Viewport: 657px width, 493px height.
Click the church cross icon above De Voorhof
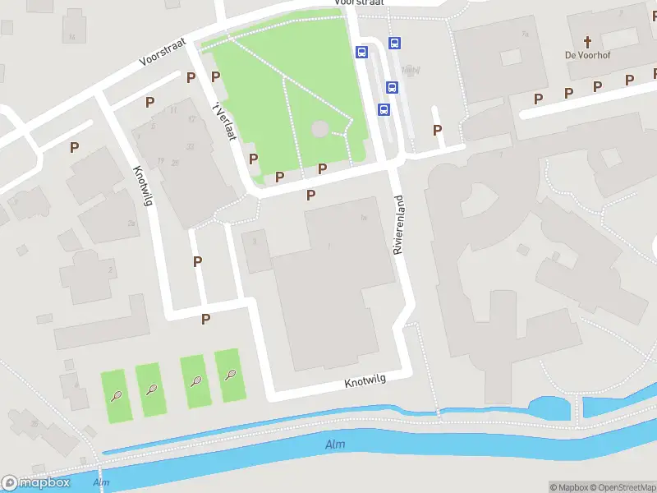(588, 40)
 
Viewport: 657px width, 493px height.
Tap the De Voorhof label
(588, 55)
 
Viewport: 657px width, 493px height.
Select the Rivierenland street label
(399, 224)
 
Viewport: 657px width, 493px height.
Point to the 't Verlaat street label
(224, 121)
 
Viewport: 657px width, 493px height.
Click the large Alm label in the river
(335, 445)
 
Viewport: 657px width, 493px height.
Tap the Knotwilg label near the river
(365, 381)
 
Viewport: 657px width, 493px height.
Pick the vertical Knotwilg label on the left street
(144, 187)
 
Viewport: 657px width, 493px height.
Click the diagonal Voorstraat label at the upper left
(163, 51)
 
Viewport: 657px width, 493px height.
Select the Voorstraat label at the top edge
(360, 3)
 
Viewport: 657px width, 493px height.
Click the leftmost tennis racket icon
(117, 394)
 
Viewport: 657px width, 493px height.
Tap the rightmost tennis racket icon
(230, 376)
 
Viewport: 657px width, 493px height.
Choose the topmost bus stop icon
(394, 44)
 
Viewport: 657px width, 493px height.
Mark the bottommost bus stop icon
(383, 109)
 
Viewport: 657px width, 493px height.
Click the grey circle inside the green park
(319, 129)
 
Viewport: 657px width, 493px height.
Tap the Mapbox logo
(34, 483)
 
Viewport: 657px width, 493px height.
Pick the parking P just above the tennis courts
(206, 319)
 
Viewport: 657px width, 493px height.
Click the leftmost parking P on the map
(75, 148)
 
